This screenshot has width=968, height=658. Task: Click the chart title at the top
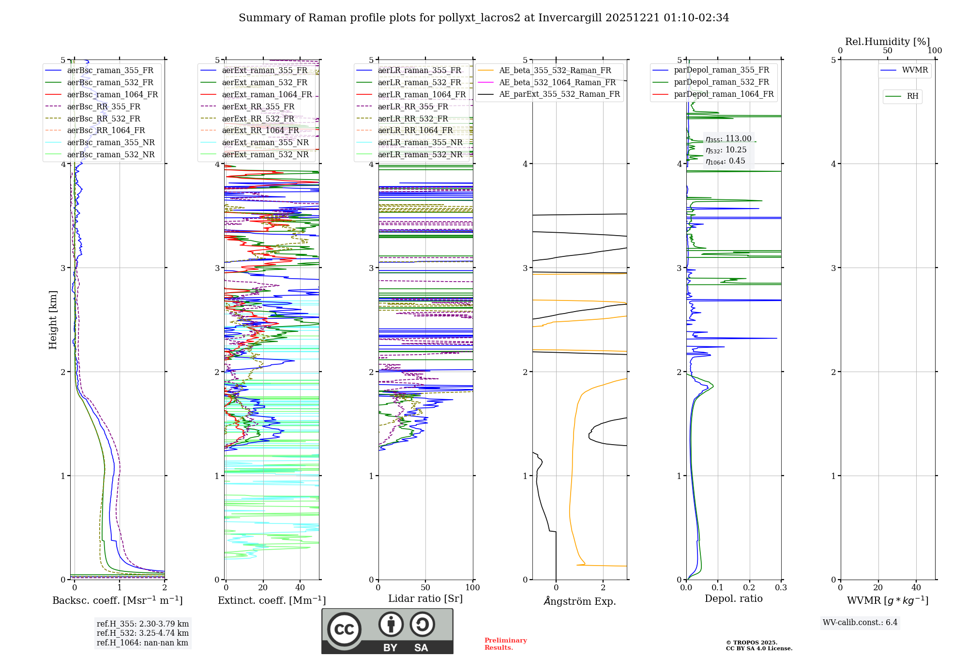[x=484, y=18]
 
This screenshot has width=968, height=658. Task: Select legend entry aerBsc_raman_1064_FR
[x=112, y=95]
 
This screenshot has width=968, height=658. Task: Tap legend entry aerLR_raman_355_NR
[x=420, y=143]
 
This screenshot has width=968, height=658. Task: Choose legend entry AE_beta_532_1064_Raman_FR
[x=557, y=83]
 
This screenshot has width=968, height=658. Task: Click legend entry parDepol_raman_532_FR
[x=721, y=82]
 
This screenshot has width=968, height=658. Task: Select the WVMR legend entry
[x=915, y=70]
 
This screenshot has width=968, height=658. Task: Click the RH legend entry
[x=912, y=96]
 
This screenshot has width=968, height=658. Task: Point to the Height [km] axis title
[x=53, y=320]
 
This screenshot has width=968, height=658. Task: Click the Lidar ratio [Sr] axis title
[x=425, y=598]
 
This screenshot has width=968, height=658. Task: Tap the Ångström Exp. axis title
[x=580, y=601]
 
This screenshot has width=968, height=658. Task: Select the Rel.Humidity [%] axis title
[x=887, y=42]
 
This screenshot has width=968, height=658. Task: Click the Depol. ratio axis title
[x=733, y=598]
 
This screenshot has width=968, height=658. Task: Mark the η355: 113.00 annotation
[x=728, y=139]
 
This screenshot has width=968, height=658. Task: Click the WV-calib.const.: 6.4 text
[x=860, y=623]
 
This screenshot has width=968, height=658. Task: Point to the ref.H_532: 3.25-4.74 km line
[x=143, y=633]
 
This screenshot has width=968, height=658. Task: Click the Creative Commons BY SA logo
[x=387, y=631]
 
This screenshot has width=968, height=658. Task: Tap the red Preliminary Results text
[x=505, y=644]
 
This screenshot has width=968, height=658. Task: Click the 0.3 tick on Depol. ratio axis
[x=781, y=588]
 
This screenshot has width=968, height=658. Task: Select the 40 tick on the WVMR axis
[x=916, y=588]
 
